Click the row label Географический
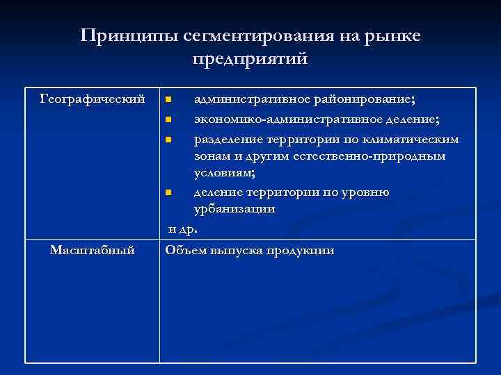click(x=93, y=99)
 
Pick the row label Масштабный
click(x=93, y=250)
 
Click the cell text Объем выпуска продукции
click(x=250, y=250)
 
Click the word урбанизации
click(x=234, y=208)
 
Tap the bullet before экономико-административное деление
click(x=168, y=120)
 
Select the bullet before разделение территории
click(x=168, y=140)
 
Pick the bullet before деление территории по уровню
click(x=168, y=192)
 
